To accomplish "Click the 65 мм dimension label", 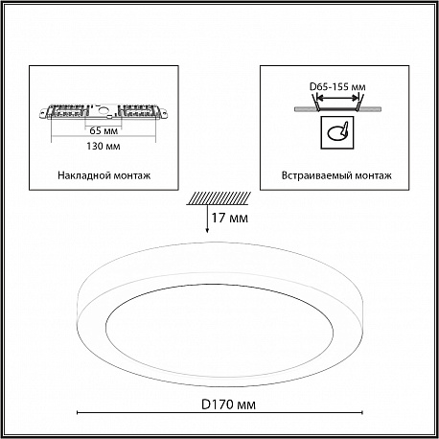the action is point(104,130).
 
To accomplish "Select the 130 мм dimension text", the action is point(104,146).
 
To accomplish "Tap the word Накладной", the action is point(81,175).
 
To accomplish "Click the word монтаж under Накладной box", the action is point(128,175).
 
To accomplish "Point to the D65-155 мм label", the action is point(337,86).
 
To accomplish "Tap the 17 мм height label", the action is point(229,218).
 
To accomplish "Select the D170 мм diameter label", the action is point(228,404).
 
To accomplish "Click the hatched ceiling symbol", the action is point(219,198).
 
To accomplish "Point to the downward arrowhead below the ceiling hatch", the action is point(207,230).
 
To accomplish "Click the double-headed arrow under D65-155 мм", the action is point(337,98).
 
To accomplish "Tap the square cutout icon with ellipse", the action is point(337,132).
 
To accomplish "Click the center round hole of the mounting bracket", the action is point(103,111).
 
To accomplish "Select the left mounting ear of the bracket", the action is point(44,112).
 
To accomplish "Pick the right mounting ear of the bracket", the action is point(162,112).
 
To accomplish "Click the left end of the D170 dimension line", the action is point(78,413).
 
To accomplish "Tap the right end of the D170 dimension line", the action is point(362,413).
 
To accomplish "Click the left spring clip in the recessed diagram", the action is point(315,103).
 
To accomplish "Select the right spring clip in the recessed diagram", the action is point(359,103).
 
